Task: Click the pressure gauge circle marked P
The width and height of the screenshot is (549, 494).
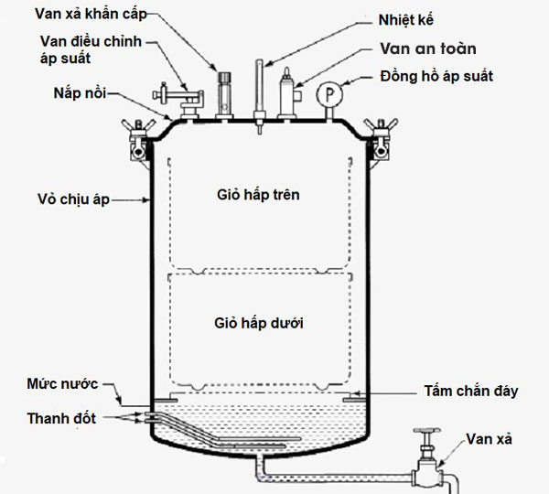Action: point(326,95)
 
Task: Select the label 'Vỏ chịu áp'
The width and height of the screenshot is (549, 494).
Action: point(73,199)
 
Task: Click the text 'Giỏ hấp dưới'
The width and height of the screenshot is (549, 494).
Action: point(258,324)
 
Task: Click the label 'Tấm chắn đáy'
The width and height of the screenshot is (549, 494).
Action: point(472,391)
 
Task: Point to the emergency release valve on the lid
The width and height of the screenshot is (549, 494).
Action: point(222,92)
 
